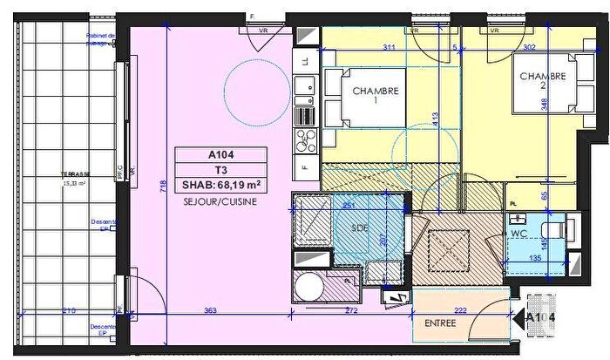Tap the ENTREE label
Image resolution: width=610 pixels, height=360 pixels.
[x=439, y=324]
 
